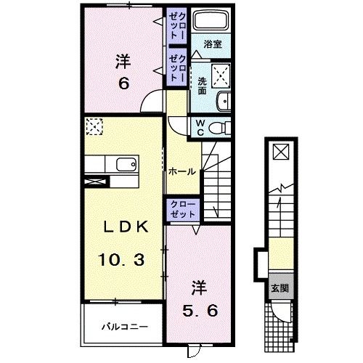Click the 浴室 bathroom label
(213, 44)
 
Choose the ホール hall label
(181, 172)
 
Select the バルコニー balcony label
(124, 327)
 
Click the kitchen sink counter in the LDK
(116, 165)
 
